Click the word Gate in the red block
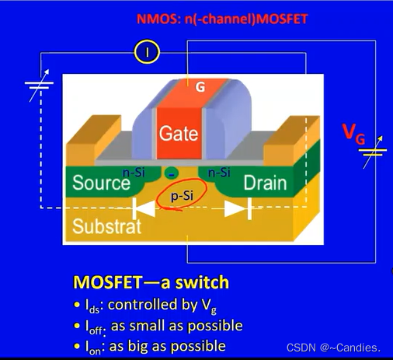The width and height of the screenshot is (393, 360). tap(178, 133)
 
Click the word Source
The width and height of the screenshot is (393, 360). tap(101, 183)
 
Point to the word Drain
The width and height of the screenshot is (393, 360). tap(265, 183)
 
